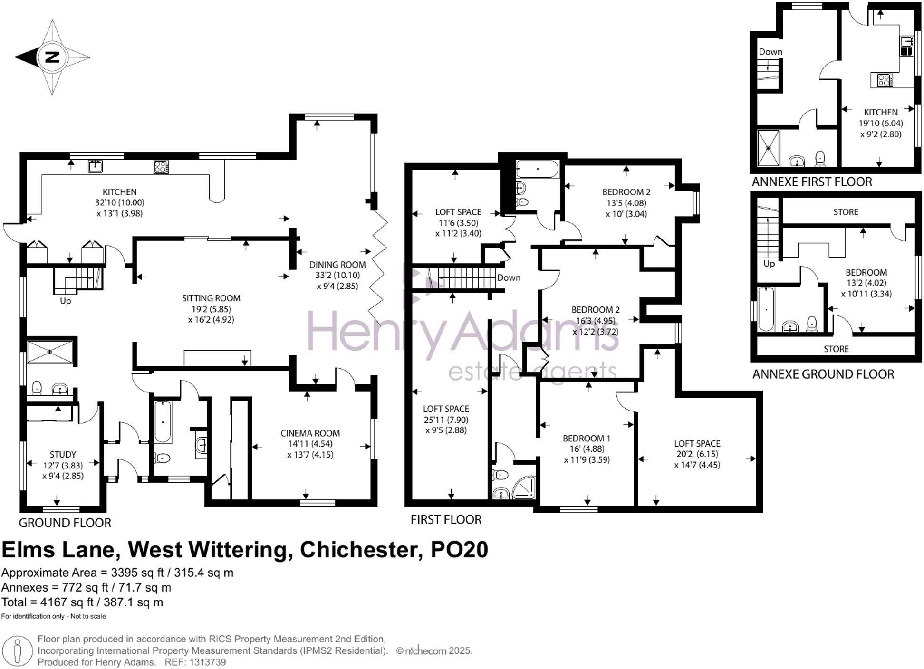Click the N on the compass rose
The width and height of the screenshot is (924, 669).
(x=52, y=57)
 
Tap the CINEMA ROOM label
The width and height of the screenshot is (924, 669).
(x=310, y=433)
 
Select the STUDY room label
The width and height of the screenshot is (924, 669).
(x=63, y=455)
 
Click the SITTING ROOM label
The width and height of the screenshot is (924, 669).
(x=211, y=298)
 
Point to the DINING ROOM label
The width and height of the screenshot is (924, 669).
(x=337, y=265)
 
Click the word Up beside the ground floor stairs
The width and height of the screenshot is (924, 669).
(x=65, y=301)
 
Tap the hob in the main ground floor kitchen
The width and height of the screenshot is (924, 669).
(x=161, y=167)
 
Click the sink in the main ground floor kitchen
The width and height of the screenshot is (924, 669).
(x=96, y=166)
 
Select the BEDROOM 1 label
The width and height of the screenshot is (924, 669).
(x=587, y=439)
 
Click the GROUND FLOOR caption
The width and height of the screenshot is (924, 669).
(x=65, y=523)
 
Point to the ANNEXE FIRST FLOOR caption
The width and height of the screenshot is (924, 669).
(x=812, y=182)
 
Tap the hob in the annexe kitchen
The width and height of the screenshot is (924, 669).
(x=885, y=80)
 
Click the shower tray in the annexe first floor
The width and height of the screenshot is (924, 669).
(x=769, y=148)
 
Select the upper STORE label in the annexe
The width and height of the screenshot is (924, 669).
(x=846, y=212)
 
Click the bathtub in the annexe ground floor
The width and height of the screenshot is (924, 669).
(x=766, y=309)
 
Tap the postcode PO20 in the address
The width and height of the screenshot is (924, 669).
(x=459, y=550)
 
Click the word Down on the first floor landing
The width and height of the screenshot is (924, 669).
(x=509, y=278)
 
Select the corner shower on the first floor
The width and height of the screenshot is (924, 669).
(x=524, y=487)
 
